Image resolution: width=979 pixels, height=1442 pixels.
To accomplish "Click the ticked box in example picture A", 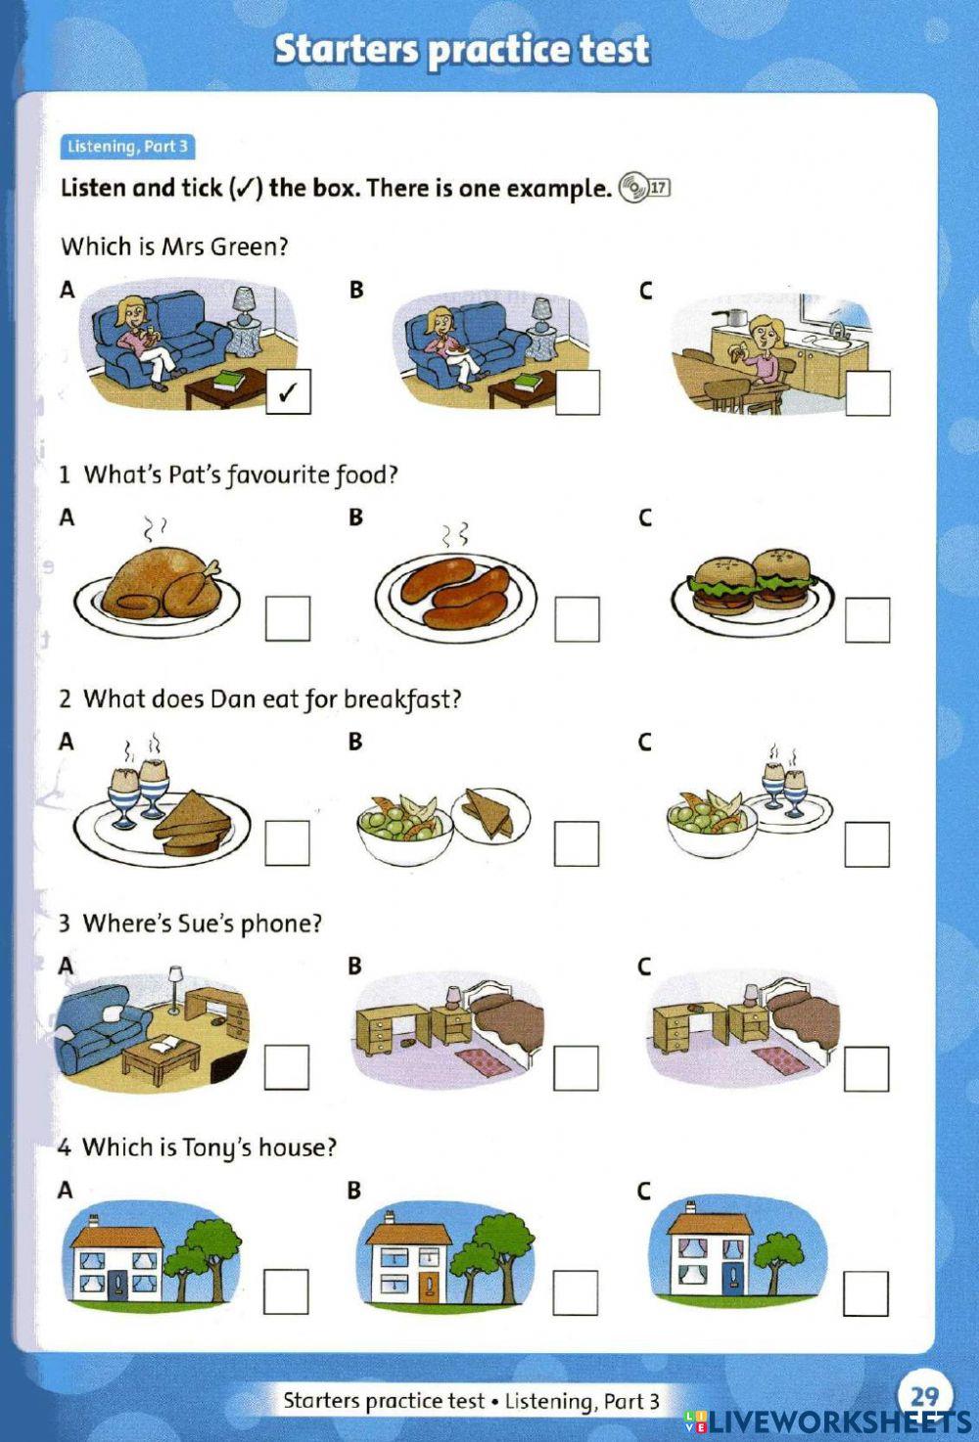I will tap(288, 392).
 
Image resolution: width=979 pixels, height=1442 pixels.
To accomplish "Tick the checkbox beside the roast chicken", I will tap(288, 618).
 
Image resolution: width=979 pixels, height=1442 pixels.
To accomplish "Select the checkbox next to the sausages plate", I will tap(577, 618).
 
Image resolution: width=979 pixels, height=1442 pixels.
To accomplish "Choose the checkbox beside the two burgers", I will tap(867, 619).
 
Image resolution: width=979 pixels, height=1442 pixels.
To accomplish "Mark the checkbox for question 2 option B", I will tap(577, 843).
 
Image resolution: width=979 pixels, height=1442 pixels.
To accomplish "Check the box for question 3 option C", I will tap(866, 1068).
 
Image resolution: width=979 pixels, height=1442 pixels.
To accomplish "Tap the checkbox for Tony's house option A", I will tap(286, 1291).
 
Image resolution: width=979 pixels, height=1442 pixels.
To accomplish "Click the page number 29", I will tap(923, 1393).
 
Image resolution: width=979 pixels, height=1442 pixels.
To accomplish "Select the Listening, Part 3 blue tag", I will tap(127, 147).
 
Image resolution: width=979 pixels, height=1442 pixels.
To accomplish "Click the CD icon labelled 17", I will tap(633, 187).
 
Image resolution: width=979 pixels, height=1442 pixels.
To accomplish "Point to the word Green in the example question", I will tap(250, 247).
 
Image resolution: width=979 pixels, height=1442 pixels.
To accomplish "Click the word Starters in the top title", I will tap(348, 49).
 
